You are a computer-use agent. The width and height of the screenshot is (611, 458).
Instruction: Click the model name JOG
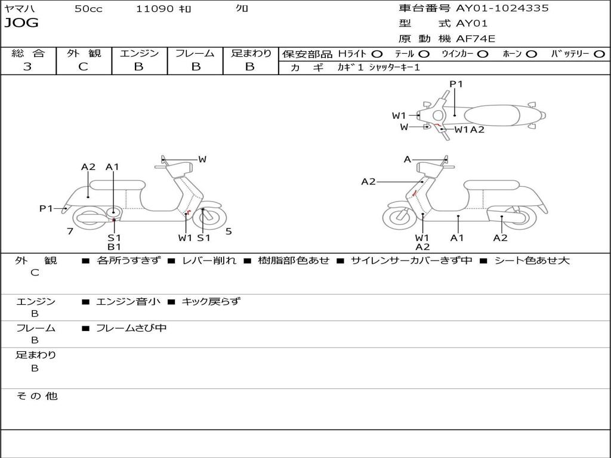[x=21, y=23]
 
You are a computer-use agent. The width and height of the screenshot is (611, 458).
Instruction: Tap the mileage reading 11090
[x=155, y=9]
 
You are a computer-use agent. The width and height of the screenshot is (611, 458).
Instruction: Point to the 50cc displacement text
[x=88, y=9]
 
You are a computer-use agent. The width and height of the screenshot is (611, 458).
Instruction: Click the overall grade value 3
[x=27, y=67]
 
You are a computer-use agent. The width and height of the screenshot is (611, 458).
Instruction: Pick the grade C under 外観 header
[x=84, y=67]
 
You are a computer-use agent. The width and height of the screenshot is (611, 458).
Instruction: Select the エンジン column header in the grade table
[x=139, y=54]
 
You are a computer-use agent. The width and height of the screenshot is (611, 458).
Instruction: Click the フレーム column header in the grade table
[x=195, y=54]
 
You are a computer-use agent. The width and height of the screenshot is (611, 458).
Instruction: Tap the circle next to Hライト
[x=377, y=54]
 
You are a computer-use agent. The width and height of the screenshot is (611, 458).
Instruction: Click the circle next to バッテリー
[x=599, y=54]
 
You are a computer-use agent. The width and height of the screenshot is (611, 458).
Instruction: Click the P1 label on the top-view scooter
[x=456, y=84]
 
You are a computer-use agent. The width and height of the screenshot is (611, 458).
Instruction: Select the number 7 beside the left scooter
[x=70, y=231]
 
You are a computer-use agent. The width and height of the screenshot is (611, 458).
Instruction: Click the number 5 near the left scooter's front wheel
[x=229, y=231]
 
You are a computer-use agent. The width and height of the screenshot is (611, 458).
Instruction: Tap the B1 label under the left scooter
[x=114, y=247]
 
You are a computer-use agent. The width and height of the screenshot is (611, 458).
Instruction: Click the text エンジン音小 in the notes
[x=128, y=302]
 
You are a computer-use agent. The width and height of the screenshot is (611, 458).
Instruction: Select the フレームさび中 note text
[x=131, y=328]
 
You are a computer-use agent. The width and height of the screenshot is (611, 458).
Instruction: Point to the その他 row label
[x=36, y=396]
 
